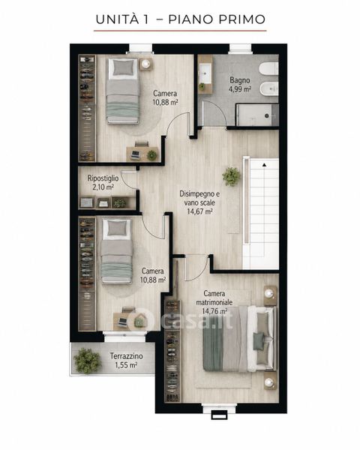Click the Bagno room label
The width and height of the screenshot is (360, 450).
pos(240,80)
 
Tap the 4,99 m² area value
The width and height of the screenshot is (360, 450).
pos(240,89)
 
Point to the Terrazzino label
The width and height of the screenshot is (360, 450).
pos(126,356)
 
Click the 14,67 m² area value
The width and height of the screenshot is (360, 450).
pos(199,212)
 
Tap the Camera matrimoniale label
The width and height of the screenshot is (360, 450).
pos(214,298)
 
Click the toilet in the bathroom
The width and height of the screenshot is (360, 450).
pos(269,69)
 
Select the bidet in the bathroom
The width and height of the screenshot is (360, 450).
pos(269,88)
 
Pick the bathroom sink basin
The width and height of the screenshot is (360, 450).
pos(205,73)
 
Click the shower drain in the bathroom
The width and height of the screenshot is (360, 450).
pos(267,115)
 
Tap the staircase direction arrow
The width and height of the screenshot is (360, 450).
pos(264,165)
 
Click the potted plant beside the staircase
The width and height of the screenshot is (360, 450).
pos(232,176)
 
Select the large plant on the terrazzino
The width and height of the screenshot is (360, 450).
pos(87,361)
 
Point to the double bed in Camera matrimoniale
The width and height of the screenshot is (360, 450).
pos(240,339)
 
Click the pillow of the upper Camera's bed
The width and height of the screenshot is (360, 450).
pos(123,68)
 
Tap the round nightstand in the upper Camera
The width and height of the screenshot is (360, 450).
pos(146,63)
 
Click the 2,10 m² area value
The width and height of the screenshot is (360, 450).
pos(103,187)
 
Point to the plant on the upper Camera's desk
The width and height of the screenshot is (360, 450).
pos(151,155)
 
